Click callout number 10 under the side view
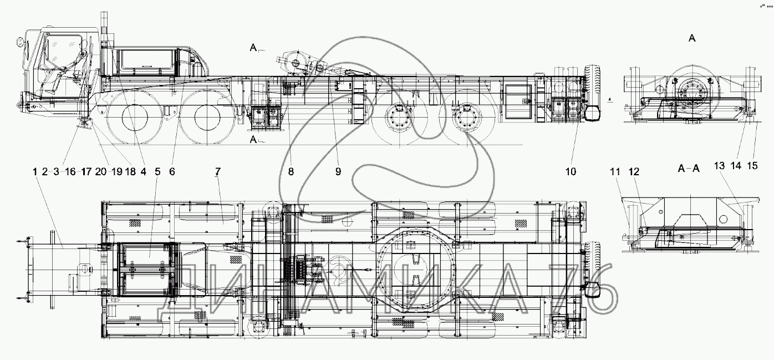[x=570, y=172]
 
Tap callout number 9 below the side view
[x=338, y=172]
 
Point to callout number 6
[x=172, y=172]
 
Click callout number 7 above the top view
[x=217, y=172]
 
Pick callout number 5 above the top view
[x=157, y=172]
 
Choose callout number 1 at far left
[x=35, y=172]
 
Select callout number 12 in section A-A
[x=634, y=172]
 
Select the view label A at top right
[x=692, y=38]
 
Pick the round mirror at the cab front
[x=20, y=43]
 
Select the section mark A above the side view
[x=253, y=49]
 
